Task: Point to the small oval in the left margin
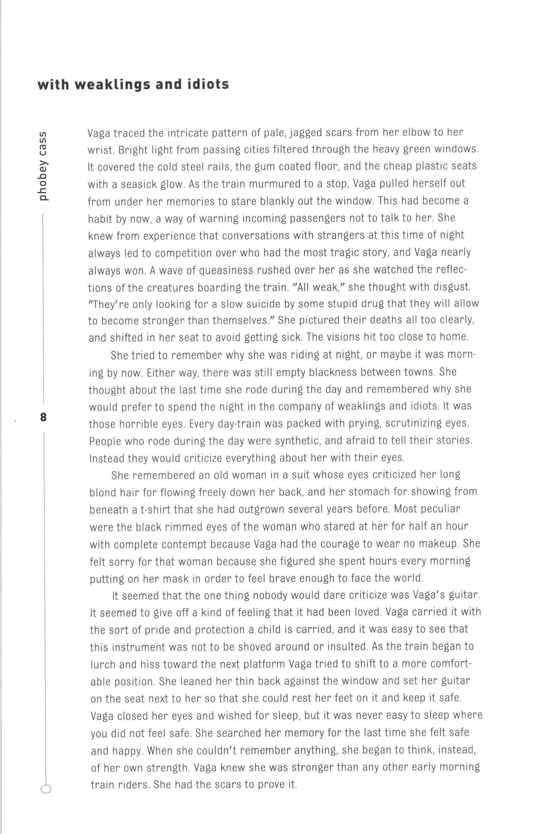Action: tap(46, 786)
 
